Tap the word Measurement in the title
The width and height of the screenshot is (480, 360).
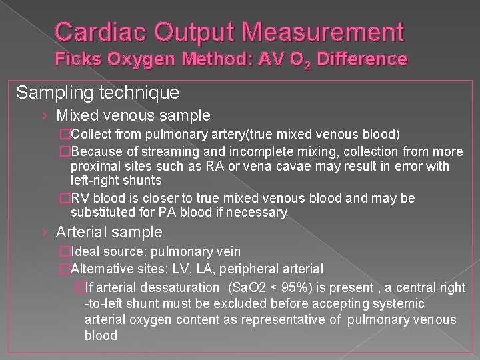coord(327,31)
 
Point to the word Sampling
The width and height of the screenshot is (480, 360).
coord(52,91)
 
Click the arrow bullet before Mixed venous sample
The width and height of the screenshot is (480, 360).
coord(43,116)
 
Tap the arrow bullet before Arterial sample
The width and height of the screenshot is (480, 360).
coord(43,232)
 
